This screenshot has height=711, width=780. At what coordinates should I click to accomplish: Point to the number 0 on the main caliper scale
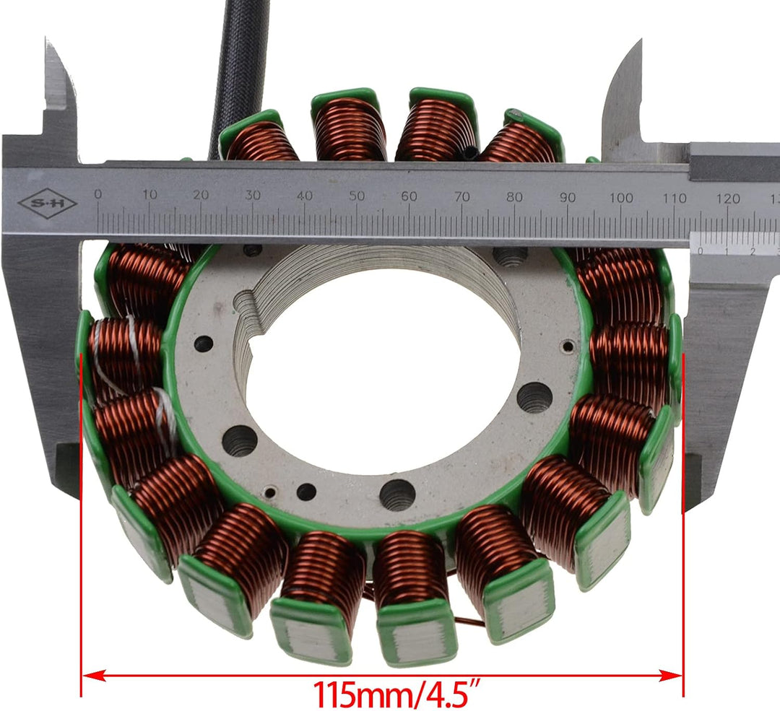(98, 193)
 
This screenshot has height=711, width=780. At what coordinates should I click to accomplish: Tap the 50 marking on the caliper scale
(357, 196)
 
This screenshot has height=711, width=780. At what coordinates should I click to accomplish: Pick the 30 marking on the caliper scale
(253, 195)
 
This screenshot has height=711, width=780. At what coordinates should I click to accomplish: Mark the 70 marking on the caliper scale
(462, 196)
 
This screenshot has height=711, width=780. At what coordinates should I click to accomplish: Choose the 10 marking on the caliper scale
(149, 194)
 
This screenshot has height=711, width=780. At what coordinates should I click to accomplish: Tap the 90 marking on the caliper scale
(568, 197)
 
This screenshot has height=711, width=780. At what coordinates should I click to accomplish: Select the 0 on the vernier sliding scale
(700, 251)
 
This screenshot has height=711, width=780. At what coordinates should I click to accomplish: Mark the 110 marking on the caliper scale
(675, 198)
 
